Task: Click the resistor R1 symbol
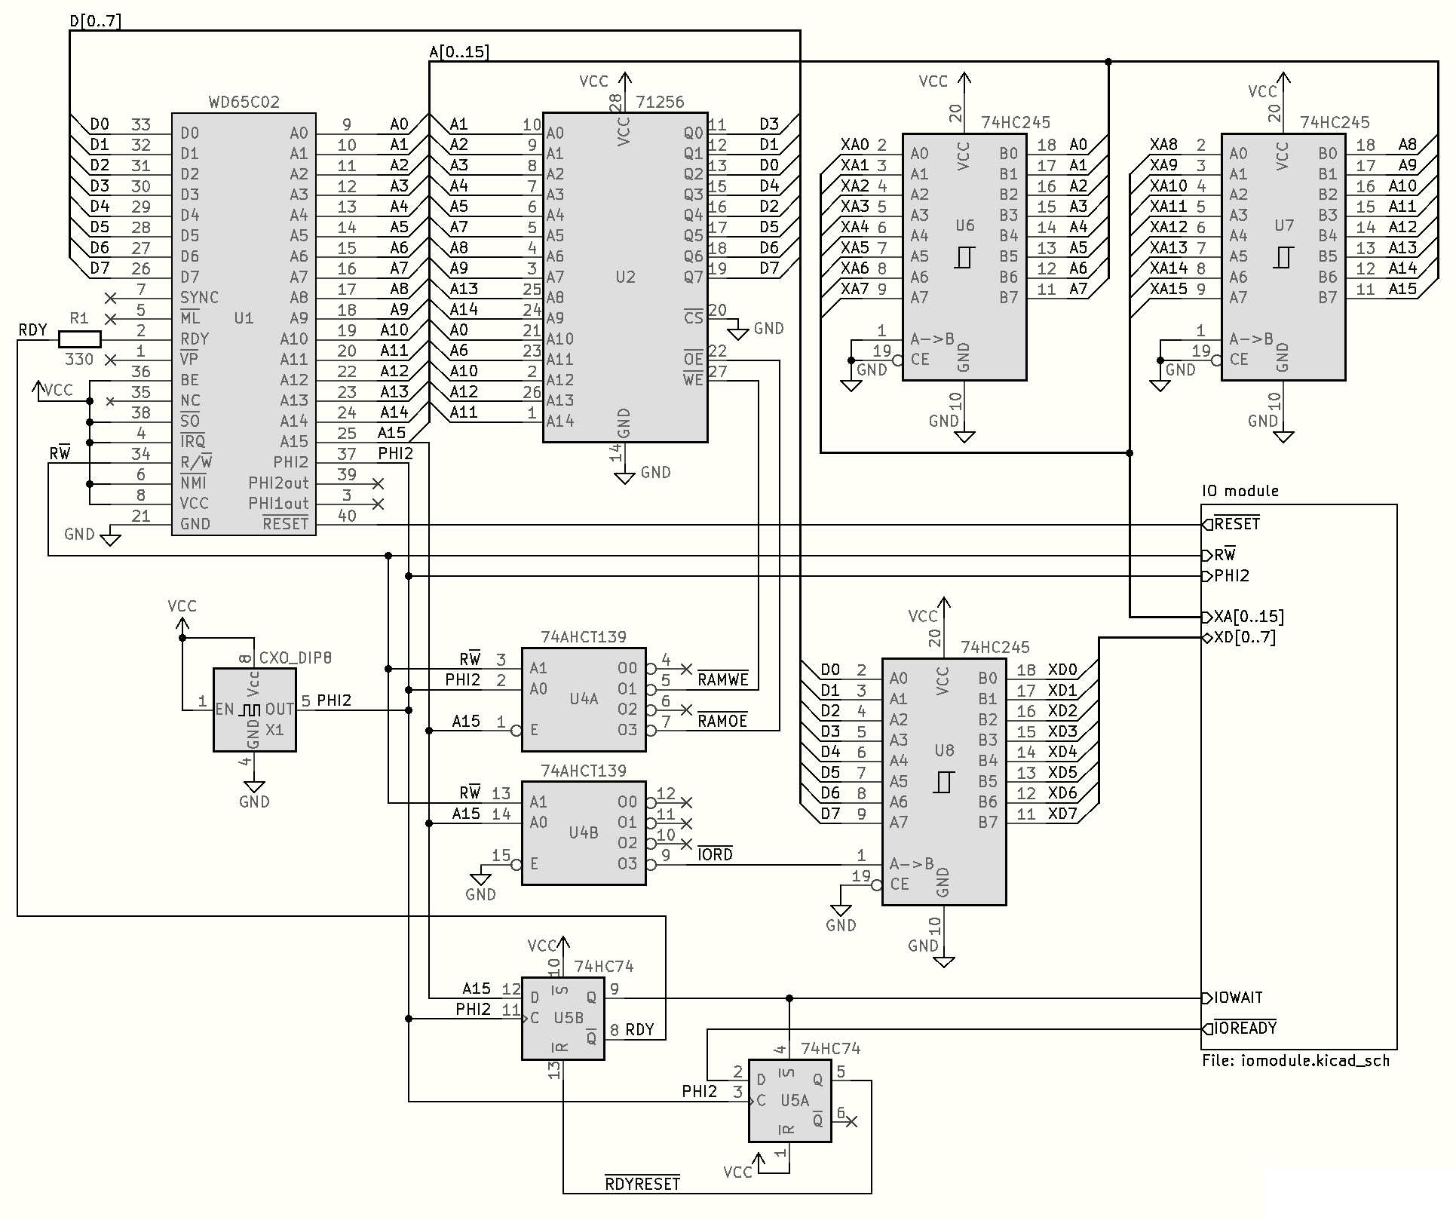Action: coord(79,339)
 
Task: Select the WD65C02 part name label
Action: coord(244,102)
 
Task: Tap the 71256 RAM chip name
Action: coord(660,102)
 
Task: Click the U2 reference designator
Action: coord(625,277)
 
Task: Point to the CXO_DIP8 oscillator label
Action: coord(295,658)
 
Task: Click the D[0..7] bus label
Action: coord(95,20)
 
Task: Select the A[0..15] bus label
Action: coord(458,52)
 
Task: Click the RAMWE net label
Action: coord(722,680)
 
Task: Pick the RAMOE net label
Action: coord(722,722)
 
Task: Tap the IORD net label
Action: coord(715,855)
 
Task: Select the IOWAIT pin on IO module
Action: coord(1237,998)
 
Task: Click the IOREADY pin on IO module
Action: coord(1245,1028)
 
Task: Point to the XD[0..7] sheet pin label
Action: coord(1244,637)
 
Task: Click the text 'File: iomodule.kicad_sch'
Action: coord(1295,1061)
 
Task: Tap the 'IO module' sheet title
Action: coord(1240,491)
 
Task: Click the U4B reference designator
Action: coord(584,832)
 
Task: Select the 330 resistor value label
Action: coord(79,359)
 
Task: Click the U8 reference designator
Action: coord(944,750)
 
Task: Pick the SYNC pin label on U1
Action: coord(199,297)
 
